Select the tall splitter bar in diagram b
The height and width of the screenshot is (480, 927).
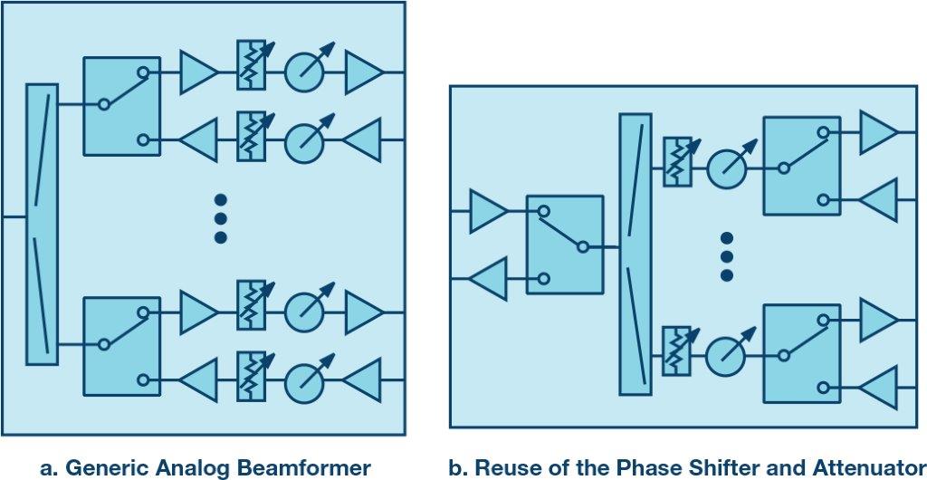[635, 254]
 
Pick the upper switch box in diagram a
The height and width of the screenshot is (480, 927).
[121, 106]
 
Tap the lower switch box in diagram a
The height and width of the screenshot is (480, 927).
[121, 345]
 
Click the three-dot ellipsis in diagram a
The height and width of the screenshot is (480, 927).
[220, 218]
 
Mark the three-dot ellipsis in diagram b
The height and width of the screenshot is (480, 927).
[725, 256]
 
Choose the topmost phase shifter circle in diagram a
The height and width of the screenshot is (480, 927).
[304, 72]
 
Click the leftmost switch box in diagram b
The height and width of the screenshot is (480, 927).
[565, 245]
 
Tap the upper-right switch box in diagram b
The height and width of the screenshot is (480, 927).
[802, 166]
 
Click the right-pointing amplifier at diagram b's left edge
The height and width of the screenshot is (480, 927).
[489, 211]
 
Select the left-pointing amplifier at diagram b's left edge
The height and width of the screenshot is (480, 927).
[489, 278]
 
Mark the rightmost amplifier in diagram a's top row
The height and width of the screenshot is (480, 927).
[363, 72]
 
